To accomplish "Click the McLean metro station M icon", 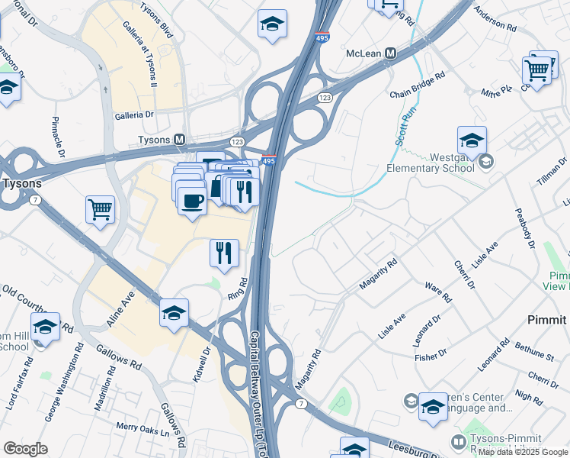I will coord(391,53).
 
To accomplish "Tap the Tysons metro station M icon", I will coord(180,140).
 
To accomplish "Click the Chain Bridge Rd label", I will coord(417,85).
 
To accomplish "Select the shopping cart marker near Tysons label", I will coord(101,209).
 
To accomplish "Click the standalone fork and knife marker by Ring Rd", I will coord(224,253).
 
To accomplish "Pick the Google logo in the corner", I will coord(25,449).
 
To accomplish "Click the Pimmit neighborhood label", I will coord(547,320).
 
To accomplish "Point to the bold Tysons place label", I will coord(21,183).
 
